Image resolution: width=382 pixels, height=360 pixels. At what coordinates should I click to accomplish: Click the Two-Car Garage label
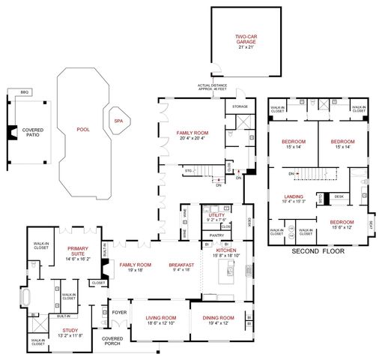(x=246, y=39)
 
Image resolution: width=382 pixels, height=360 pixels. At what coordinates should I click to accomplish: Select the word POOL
(x=82, y=129)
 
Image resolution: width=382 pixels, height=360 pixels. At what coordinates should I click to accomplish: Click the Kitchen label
(x=226, y=251)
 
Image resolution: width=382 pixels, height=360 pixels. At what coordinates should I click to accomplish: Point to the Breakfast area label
(x=182, y=265)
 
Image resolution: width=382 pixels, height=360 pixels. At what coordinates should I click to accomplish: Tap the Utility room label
(x=217, y=215)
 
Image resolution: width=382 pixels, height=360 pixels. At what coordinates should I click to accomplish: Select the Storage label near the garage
(x=240, y=106)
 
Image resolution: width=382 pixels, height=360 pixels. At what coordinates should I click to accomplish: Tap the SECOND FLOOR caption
(x=317, y=250)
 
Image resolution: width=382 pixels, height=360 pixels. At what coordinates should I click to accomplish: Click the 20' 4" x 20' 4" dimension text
(x=192, y=138)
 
